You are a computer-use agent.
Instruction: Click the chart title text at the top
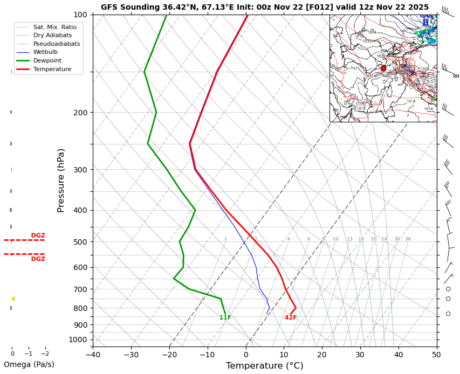(x=265, y=8)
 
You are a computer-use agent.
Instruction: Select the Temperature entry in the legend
(x=52, y=70)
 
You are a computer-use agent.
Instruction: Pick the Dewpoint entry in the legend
(x=51, y=61)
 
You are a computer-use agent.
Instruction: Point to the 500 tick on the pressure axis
(x=80, y=242)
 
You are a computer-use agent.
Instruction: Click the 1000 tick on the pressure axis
(x=79, y=340)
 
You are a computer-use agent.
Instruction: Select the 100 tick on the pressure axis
(x=80, y=15)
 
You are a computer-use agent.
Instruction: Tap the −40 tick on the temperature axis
(x=93, y=355)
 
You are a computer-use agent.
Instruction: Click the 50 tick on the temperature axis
(x=436, y=355)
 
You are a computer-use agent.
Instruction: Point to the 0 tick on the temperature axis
(x=245, y=355)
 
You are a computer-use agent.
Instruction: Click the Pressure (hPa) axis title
(x=61, y=180)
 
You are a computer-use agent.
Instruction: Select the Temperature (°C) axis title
(x=264, y=366)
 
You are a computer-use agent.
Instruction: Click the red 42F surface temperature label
(x=291, y=318)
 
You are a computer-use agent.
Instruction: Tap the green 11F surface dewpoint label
(x=225, y=318)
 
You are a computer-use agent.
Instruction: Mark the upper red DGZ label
(x=38, y=236)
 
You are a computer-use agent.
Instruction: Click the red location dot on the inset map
(x=383, y=68)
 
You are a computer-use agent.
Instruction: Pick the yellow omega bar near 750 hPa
(x=13, y=299)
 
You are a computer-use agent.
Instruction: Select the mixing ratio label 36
(x=408, y=239)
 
